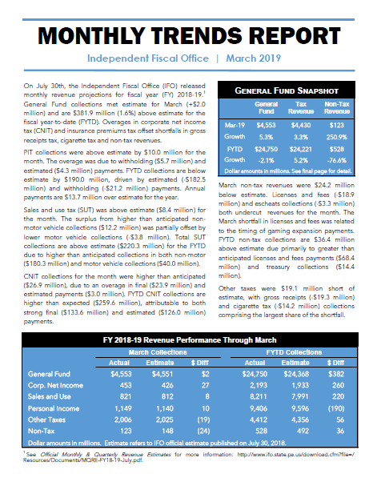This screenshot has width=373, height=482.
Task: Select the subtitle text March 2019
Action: tap(254, 58)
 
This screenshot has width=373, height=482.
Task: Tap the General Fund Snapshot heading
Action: tap(287, 90)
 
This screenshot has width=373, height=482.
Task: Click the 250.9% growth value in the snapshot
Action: tap(337, 137)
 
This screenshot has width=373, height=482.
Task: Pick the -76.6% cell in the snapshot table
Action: tap(337, 160)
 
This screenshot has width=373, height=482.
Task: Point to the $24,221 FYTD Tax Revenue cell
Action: tap(300, 149)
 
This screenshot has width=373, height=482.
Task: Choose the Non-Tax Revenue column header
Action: tap(337, 107)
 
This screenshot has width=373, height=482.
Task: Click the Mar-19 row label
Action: tap(235, 125)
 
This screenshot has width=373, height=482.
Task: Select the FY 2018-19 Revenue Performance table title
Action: tap(190, 340)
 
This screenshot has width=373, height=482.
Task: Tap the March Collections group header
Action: tap(158, 352)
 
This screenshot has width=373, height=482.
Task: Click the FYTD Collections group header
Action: tap(294, 352)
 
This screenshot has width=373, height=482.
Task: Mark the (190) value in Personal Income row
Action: tap(336, 408)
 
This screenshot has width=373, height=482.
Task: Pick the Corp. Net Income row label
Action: tap(55, 385)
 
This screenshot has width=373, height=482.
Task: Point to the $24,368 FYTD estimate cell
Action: tap(296, 374)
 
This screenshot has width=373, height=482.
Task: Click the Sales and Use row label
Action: tap(50, 396)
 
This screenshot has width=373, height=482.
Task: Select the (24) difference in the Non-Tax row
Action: tap(203, 431)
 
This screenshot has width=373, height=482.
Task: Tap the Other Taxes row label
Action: tap(46, 420)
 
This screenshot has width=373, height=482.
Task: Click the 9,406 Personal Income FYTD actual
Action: tap(259, 408)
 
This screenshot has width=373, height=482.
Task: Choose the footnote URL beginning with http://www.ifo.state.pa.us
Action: tap(295, 454)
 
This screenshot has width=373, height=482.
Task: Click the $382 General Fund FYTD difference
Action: tap(336, 374)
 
